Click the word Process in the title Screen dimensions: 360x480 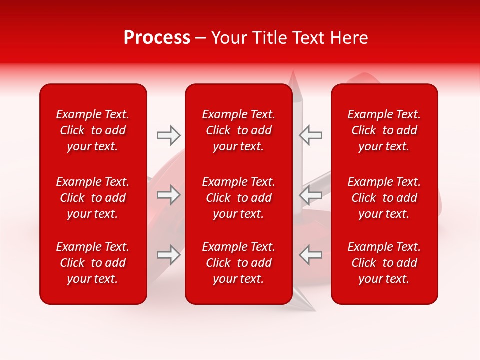[157, 38]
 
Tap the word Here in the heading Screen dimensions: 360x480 [348, 38]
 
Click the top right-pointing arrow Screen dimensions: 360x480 [168, 135]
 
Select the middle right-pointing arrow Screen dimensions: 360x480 [168, 195]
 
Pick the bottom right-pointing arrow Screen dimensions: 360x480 [168, 255]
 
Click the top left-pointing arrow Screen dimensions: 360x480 [310, 135]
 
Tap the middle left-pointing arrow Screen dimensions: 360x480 [310, 195]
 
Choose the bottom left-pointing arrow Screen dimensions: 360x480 [310, 255]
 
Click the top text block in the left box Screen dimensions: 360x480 [93, 130]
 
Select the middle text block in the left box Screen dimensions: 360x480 [93, 198]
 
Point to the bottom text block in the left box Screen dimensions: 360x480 [93, 263]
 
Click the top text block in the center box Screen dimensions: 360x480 [238, 130]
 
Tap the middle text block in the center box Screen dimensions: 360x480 [238, 198]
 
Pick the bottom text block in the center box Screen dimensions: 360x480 [238, 263]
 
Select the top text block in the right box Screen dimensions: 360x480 [384, 130]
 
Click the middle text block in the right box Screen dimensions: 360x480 [384, 198]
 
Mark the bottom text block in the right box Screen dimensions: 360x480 [384, 263]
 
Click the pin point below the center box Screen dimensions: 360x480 [305, 308]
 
